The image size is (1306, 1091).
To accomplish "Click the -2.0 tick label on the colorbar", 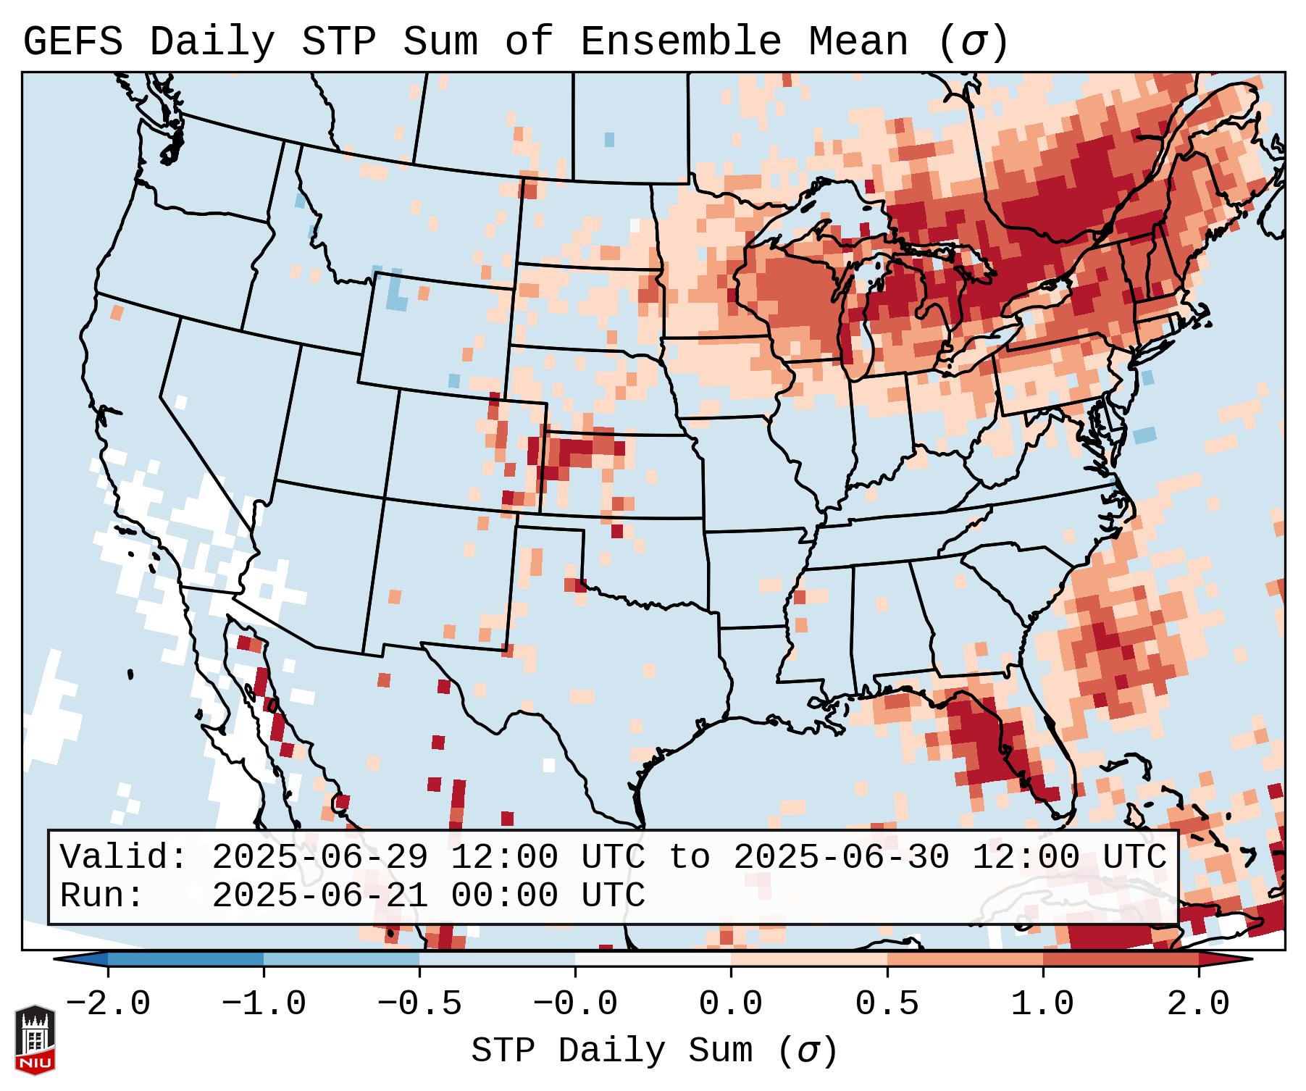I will pos(108,1004).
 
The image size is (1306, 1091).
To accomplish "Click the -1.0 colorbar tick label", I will pos(264,1004).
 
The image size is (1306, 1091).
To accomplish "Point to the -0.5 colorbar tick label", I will pos(419,1004).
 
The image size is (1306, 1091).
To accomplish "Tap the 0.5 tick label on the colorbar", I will pos(887,1004).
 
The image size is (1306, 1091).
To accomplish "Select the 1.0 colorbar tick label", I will pos(1042,1004).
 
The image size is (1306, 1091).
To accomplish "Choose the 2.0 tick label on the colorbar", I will pos(1199,1004).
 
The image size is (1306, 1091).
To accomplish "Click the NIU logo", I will pos(35,1040).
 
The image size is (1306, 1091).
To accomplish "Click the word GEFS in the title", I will pos(72,42).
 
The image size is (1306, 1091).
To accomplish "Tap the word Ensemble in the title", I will pos(680,42).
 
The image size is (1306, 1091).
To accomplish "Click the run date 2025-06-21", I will pos(319,895).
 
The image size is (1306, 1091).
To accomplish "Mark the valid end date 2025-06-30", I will pos(841,857).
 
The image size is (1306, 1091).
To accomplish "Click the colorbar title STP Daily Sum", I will pos(611,1051).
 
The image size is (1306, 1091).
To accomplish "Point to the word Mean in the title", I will pos(858,42).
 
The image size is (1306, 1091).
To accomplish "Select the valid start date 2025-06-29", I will pos(319,857).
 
